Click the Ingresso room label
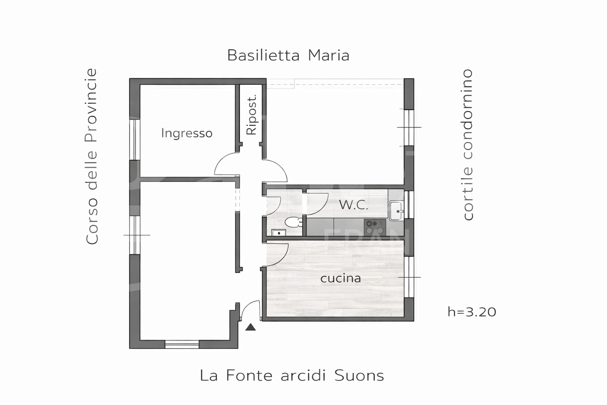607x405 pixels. tap(187, 133)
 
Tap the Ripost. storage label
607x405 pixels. tap(252, 115)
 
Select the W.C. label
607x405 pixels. tap(354, 205)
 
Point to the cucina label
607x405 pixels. tap(341, 278)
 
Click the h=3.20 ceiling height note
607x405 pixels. tap(472, 312)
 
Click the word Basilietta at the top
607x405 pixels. tap(264, 55)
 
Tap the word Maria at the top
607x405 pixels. tap(329, 55)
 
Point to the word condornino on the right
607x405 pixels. tap(468, 114)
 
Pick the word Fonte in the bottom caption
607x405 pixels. tap(249, 375)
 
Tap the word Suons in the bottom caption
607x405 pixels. tap(359, 375)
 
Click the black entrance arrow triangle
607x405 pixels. tap(251, 327)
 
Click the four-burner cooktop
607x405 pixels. tap(375, 227)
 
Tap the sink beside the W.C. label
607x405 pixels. tap(396, 211)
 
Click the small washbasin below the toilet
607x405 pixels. tap(278, 233)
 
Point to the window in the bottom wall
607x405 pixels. tap(182, 344)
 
